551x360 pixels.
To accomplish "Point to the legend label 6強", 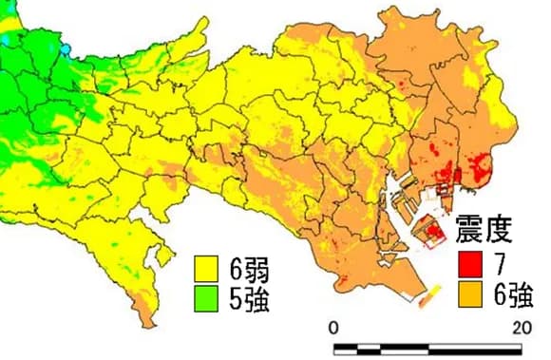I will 511,295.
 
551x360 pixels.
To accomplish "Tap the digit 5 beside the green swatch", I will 235,302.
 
